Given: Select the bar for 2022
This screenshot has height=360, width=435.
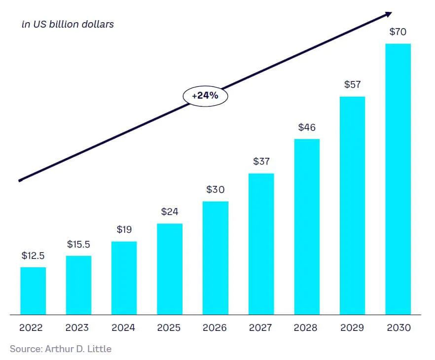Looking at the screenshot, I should click(x=33, y=291).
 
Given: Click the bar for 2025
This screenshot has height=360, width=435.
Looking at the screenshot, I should click(x=170, y=269).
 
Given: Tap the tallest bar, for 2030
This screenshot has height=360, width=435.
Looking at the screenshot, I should click(x=398, y=179).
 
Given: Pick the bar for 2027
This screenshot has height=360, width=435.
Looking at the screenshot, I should click(x=261, y=244).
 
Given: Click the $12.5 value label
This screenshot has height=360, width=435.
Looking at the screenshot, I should click(x=33, y=255).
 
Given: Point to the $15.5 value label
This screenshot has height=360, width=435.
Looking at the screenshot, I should click(x=78, y=244).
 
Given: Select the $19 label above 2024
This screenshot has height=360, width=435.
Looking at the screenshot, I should click(x=124, y=229).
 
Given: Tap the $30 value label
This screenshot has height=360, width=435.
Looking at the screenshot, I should click(x=216, y=189).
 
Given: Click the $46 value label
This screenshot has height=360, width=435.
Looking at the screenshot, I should click(x=307, y=127).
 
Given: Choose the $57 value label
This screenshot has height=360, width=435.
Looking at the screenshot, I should click(x=352, y=85).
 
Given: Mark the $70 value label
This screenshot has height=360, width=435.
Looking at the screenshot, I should click(x=398, y=32).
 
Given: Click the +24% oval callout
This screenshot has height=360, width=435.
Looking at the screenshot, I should click(x=205, y=96).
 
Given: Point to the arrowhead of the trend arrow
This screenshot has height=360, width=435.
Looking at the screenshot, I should click(x=388, y=14).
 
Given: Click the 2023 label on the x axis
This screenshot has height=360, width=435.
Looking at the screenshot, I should click(x=77, y=327).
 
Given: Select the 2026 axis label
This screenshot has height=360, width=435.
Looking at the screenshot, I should click(x=215, y=327).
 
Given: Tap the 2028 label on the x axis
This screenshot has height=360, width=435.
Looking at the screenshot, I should click(x=306, y=327).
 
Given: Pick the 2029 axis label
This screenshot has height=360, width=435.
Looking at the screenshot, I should click(x=352, y=327).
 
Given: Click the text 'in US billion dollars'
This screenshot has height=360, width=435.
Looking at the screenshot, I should click(x=68, y=24).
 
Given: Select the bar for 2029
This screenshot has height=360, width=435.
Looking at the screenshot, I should click(x=352, y=206).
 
